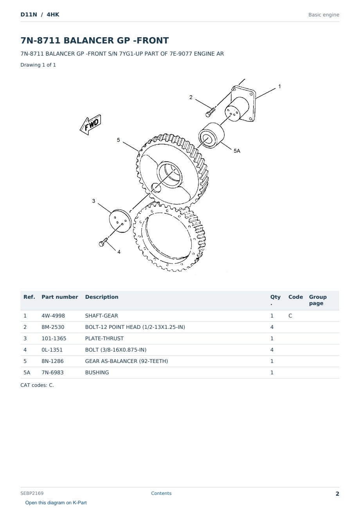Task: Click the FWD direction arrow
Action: coord(90,125)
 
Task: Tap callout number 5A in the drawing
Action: coord(237,151)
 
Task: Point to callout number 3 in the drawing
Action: coord(94,201)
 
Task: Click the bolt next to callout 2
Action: coord(210,112)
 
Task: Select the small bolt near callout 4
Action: coord(103,242)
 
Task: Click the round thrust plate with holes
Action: coord(121,221)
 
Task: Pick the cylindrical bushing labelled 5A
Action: coord(211,135)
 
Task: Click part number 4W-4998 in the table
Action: coord(53,316)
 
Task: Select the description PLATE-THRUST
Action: coord(104,338)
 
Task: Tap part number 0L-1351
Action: coord(52,350)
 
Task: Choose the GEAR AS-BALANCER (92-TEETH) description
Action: coord(126,361)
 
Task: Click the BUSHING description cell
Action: coord(97,372)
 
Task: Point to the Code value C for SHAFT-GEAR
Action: coord(290,316)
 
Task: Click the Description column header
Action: coord(102,297)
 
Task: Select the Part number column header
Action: coord(60,297)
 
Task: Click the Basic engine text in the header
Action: coord(324,15)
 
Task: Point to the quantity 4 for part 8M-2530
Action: coord(272,327)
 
